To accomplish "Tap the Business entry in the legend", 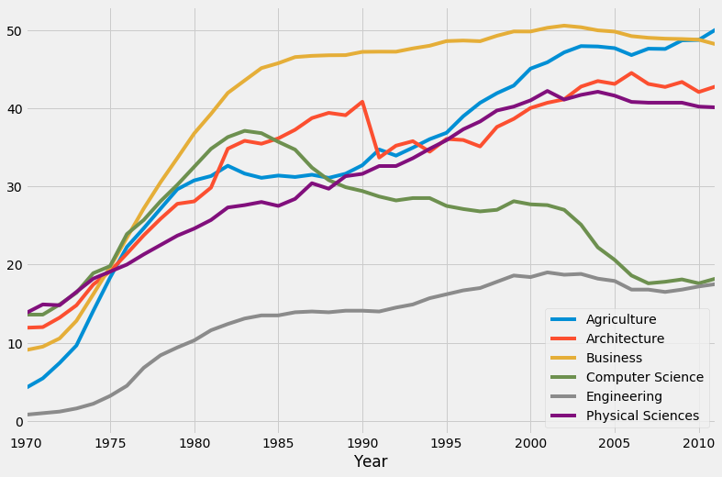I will click(x=616, y=358).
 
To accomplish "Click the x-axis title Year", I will click(x=371, y=461).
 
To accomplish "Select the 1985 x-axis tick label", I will click(x=279, y=442).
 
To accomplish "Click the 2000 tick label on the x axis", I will click(x=531, y=442).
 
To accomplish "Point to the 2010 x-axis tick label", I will click(x=698, y=442).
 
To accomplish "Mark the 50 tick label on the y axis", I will click(x=11, y=31).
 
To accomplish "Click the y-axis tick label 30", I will click(x=11, y=187).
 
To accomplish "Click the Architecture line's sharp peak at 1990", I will click(x=362, y=102).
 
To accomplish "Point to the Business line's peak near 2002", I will click(x=564, y=26).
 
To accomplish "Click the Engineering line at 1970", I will click(x=28, y=415).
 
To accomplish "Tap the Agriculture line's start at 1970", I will click(x=28, y=387).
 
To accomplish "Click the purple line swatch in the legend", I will click(x=565, y=416).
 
